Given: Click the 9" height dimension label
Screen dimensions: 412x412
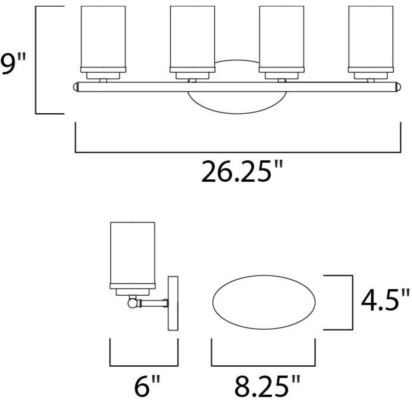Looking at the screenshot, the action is pos(13,64).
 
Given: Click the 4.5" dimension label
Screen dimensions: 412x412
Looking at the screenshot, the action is pos(385,300).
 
